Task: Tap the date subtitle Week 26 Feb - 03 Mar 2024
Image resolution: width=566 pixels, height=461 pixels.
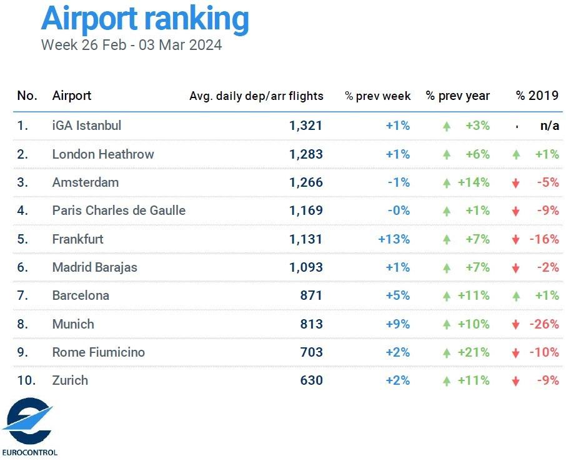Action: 131,45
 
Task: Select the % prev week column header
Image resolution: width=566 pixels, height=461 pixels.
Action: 377,96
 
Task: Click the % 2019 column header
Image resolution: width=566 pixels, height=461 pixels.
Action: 537,96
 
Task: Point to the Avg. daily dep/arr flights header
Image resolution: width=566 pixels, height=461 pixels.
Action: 256,96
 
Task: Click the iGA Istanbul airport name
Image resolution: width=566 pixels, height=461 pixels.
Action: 87,126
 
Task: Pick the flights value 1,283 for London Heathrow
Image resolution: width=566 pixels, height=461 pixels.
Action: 306,154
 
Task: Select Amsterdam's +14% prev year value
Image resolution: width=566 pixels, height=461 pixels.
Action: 477,183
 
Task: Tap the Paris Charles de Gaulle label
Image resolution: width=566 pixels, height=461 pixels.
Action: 119,211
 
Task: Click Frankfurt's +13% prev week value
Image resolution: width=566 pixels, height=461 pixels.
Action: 394,239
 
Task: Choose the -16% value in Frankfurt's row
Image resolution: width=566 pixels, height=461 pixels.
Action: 544,239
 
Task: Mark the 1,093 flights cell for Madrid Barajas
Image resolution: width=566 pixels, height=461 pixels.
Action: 306,267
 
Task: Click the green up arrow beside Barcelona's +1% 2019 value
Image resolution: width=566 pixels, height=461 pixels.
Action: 516,296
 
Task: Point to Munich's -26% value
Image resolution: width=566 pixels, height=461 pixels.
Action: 544,324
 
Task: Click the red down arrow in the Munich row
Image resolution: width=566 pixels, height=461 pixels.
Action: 516,325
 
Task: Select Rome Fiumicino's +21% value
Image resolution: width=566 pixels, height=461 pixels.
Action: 477,352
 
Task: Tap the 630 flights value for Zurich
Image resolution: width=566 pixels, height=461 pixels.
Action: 310,380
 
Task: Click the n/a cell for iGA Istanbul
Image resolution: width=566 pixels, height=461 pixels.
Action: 549,126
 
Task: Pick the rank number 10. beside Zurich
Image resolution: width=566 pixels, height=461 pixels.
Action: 26,380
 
